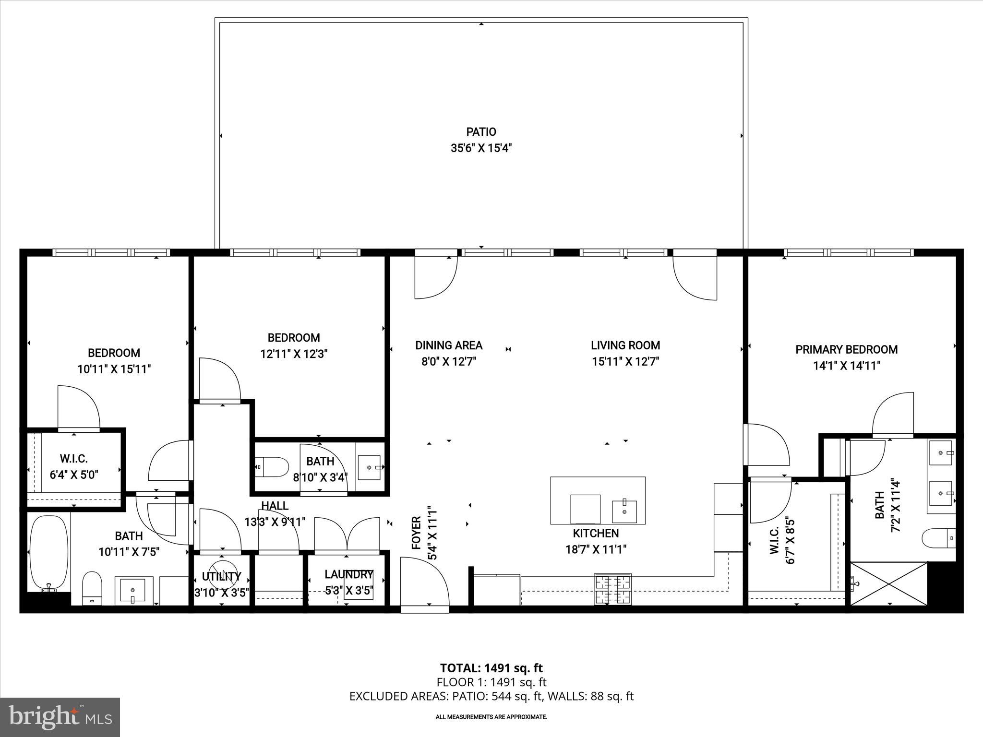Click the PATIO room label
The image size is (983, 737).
tap(481, 131)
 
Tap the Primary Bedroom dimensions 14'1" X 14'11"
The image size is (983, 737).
tap(846, 366)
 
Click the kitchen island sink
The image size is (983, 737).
tap(624, 511)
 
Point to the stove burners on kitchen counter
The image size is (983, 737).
tap(612, 589)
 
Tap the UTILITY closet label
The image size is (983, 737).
tap(221, 576)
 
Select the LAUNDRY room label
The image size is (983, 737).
tap(348, 574)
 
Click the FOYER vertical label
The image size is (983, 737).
tap(416, 533)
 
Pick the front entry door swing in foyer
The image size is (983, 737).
tap(424, 583)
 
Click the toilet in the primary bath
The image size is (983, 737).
tap(938, 538)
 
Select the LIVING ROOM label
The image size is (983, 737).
tap(625, 345)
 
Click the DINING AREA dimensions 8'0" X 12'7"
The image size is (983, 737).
tap(448, 361)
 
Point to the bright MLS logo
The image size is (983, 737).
tap(60, 717)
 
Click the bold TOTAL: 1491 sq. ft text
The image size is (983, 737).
tap(491, 668)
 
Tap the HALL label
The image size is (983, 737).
tap(275, 505)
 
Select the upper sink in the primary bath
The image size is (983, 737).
tap(941, 452)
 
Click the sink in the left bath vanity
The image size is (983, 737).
tap(133, 590)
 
